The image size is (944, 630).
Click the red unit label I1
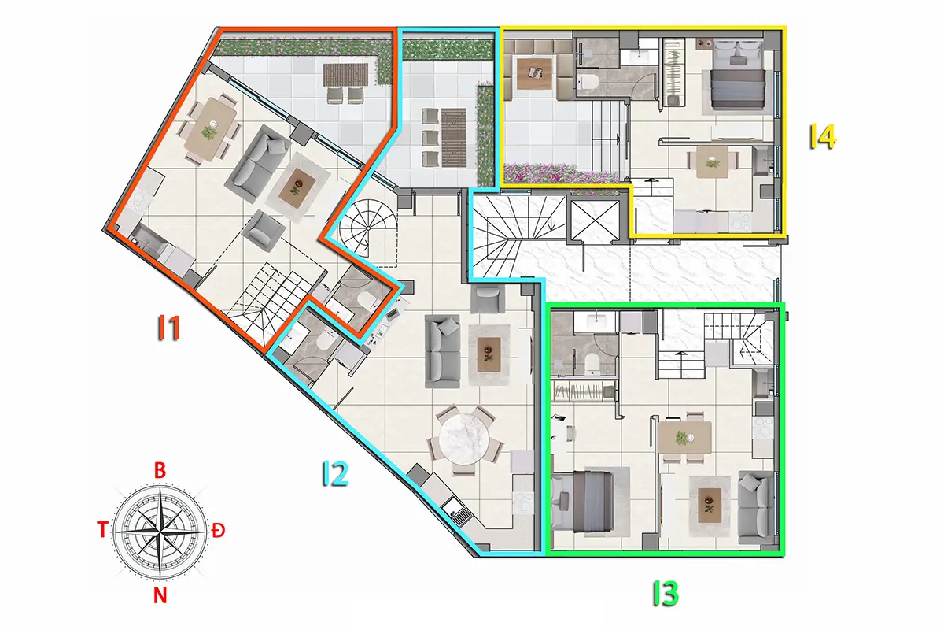tap(169, 328)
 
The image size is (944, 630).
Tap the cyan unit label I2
tap(335, 473)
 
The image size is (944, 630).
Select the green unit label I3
tap(666, 593)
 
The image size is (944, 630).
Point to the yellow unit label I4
tap(823, 137)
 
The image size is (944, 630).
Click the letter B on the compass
tap(160, 470)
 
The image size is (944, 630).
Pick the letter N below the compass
tap(160, 596)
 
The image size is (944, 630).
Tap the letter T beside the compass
tap(102, 529)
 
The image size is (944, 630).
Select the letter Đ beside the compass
tap(218, 530)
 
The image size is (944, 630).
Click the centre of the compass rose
tap(160, 532)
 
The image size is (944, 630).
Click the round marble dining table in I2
tap(464, 439)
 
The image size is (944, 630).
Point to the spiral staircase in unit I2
tap(367, 228)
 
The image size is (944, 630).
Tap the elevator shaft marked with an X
tap(595, 220)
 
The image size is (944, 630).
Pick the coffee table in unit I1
tap(298, 187)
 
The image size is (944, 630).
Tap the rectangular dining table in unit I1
tap(212, 129)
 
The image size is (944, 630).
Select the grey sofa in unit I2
tap(442, 350)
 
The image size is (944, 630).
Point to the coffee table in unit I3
tap(710, 505)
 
